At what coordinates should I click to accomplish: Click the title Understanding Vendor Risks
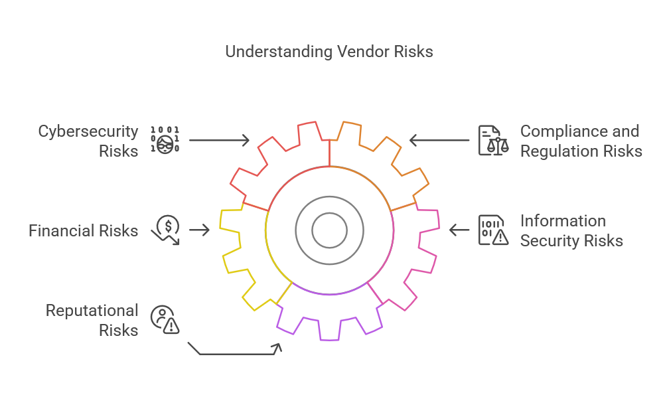click(329, 52)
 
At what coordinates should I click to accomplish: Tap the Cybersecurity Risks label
click(88, 141)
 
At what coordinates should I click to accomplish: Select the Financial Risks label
click(83, 231)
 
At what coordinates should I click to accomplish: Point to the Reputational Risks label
click(92, 320)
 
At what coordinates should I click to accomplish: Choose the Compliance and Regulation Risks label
click(581, 141)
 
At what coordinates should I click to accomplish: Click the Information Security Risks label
click(571, 230)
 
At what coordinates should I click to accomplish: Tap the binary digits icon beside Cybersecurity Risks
click(165, 139)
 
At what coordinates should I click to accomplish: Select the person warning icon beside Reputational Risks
click(165, 319)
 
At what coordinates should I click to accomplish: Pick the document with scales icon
click(493, 140)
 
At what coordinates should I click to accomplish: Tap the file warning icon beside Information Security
click(493, 230)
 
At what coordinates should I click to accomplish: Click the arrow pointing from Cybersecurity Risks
click(219, 141)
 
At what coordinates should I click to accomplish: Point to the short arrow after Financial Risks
click(199, 230)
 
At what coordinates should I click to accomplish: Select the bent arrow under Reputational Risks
click(236, 353)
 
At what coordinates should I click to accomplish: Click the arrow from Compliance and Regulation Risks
click(439, 141)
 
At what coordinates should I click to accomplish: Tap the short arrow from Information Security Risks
click(459, 230)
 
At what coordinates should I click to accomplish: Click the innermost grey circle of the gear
click(330, 230)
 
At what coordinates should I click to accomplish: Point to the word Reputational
click(92, 311)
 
